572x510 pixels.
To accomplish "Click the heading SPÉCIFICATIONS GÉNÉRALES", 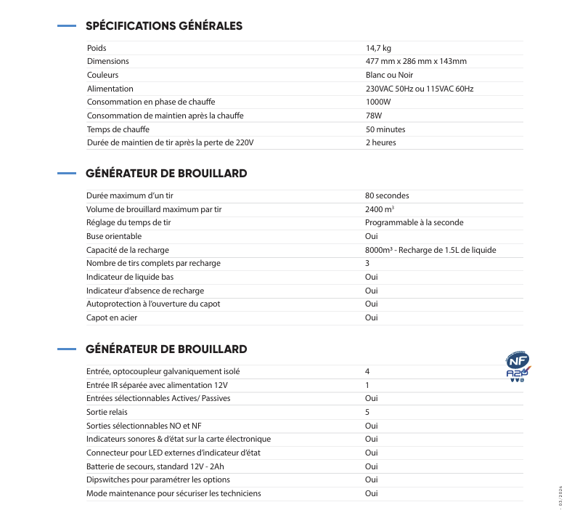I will click(x=164, y=26).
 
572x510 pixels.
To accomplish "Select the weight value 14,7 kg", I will click(x=378, y=48).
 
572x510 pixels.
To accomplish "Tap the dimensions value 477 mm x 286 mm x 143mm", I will click(x=416, y=62).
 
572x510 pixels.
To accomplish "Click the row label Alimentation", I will click(x=110, y=89).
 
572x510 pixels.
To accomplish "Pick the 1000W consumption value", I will click(x=377, y=102).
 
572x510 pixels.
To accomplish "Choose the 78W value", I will click(x=373, y=116).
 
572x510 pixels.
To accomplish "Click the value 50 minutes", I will click(x=385, y=129).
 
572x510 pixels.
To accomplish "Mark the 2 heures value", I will click(x=381, y=142).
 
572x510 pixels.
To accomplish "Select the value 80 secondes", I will click(x=387, y=196).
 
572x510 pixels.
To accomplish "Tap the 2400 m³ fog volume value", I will click(x=380, y=209).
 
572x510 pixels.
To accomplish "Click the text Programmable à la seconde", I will click(x=414, y=223).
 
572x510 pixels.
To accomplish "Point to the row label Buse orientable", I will click(x=114, y=236).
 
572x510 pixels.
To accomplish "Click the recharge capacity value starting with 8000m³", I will click(x=430, y=250).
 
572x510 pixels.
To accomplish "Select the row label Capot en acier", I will click(x=112, y=317).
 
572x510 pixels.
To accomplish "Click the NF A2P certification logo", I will click(x=517, y=367).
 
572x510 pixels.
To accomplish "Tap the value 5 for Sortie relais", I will click(x=367, y=412).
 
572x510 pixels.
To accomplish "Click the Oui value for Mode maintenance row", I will click(x=371, y=493).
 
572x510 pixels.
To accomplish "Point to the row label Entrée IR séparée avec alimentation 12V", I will click(x=157, y=385).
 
